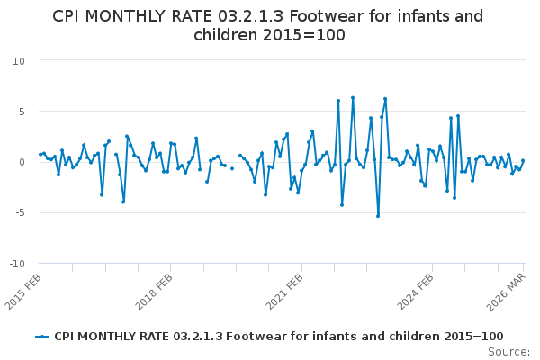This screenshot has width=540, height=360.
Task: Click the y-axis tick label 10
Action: [18, 60]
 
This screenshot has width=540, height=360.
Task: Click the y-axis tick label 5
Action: [21, 112]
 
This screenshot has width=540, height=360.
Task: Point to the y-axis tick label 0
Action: [21, 162]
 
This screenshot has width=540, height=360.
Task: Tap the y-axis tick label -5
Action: [19, 213]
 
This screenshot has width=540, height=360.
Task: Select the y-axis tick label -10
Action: [16, 264]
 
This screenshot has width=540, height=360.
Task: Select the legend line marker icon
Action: [42, 336]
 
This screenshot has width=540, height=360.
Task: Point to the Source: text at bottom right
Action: [509, 352]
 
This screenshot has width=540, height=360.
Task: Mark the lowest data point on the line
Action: [378, 216]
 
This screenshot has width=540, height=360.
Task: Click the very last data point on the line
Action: [523, 161]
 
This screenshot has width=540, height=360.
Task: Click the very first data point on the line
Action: [40, 154]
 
